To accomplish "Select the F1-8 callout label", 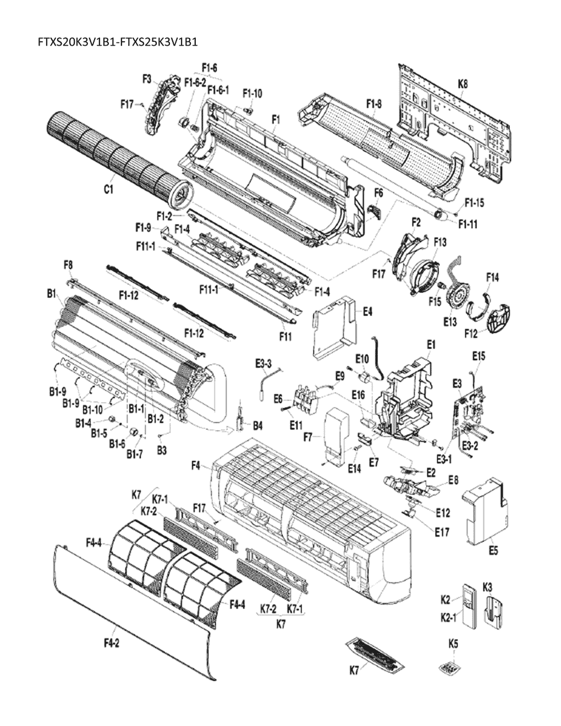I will pos(374,103).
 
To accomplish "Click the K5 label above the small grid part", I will pos(453,642).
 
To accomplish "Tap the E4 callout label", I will pos(368,311).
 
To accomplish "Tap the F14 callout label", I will pos(492,278).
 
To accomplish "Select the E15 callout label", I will pos(479,356).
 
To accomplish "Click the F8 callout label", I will pos(68,265).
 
